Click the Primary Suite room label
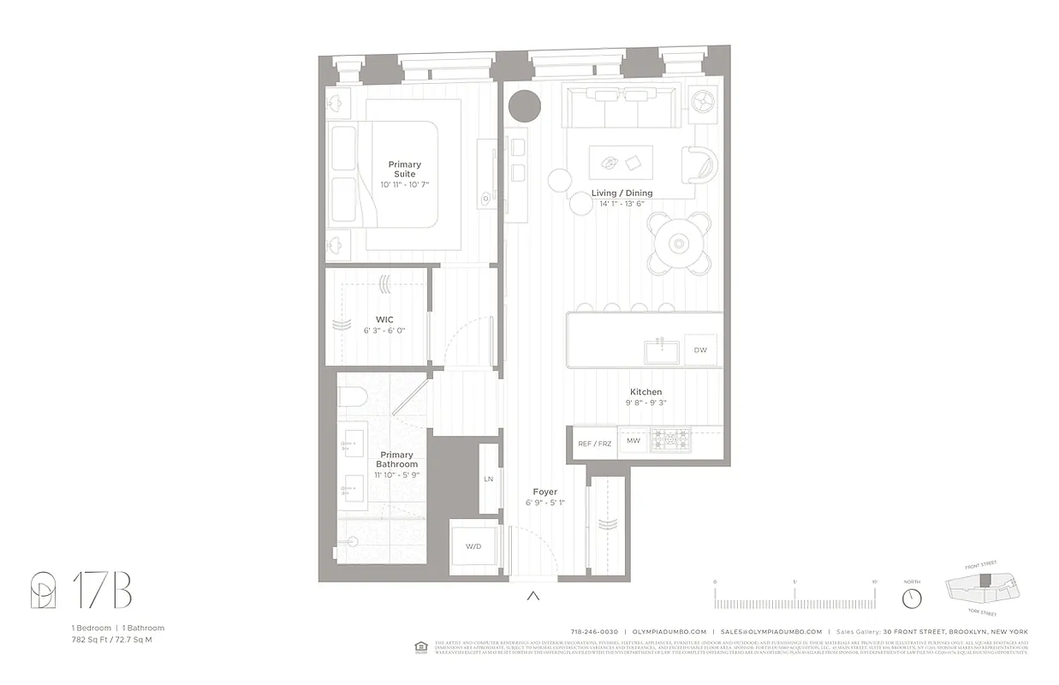coord(404,170)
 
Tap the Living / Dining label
coord(622,194)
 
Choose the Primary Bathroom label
coord(397,460)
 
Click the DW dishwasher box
coord(700,349)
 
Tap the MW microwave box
coord(634,442)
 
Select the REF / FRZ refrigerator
coord(595,444)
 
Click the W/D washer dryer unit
coord(473,546)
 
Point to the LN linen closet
coord(488,479)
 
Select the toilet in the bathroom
coord(353,396)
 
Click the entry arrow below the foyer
coord(533,596)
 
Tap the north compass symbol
coord(912,598)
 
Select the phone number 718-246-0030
coord(595,632)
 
